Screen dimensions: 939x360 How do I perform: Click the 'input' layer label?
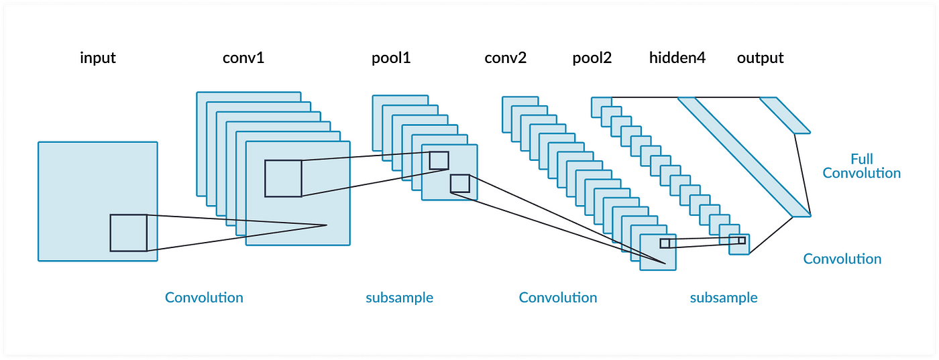coord(98,58)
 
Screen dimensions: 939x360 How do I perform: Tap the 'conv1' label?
coord(243,58)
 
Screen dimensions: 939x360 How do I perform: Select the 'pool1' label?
coord(390,58)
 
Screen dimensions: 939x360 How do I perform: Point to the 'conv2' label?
coord(505,58)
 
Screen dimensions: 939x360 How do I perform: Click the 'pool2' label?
coord(592,58)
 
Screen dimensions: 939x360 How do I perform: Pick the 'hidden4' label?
coord(677,58)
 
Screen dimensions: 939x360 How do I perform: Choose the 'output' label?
coord(760,58)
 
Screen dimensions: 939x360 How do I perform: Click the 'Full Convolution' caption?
coord(861,166)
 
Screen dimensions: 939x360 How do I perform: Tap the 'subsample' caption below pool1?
coord(399,298)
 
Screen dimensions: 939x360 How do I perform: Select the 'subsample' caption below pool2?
coord(724,298)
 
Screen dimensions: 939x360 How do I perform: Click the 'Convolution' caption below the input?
coord(204,298)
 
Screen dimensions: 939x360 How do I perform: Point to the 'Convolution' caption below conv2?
coord(557,298)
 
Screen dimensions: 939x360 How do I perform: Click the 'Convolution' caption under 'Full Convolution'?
coord(842,259)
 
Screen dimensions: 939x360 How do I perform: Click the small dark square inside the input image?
coord(129,233)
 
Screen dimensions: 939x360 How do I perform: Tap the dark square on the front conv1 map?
coord(283,178)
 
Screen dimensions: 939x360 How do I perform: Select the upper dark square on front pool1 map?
coord(439,160)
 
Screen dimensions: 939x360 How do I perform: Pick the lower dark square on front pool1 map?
coord(460,184)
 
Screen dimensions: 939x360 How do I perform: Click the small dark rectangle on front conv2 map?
coord(665,243)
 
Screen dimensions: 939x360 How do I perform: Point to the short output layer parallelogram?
coord(785,115)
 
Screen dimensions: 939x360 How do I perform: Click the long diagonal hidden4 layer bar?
coord(744,157)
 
